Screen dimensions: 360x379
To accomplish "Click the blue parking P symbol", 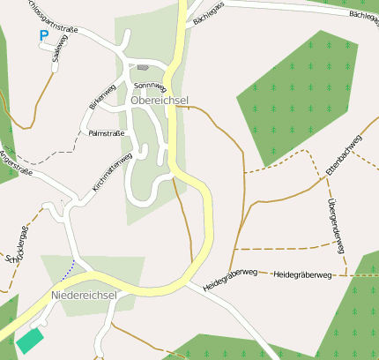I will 43,36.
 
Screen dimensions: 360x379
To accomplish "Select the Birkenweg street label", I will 102,96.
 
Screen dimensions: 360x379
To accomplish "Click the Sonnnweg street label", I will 149,86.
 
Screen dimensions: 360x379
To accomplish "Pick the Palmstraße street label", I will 108,132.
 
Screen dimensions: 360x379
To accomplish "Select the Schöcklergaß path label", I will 17,246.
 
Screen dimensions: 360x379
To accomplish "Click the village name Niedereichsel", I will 85,295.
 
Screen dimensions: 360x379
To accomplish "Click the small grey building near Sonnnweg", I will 143,67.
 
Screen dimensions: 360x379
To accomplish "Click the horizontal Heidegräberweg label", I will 302,275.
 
